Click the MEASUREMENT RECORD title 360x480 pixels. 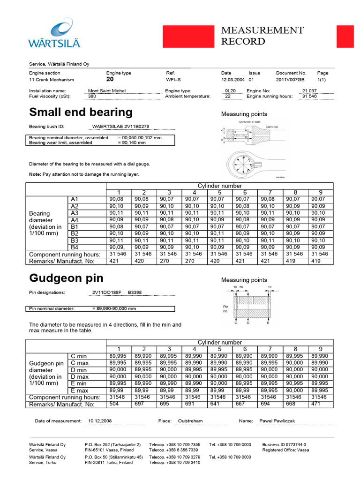pos(262,36)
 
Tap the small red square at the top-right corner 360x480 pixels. pos(345,37)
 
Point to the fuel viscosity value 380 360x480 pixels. pos(92,97)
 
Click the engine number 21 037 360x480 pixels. pos(309,91)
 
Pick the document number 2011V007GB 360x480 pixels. pos(290,80)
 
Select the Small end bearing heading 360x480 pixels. pos(81,112)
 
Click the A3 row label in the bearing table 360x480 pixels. pos(75,213)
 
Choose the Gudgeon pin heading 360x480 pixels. pos(66,278)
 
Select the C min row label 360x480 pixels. pos(79,356)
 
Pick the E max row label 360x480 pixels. pos(79,390)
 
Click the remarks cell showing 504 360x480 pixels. pos(114,404)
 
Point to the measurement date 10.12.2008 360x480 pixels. pos(100,421)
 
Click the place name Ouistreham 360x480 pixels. pos(190,421)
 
